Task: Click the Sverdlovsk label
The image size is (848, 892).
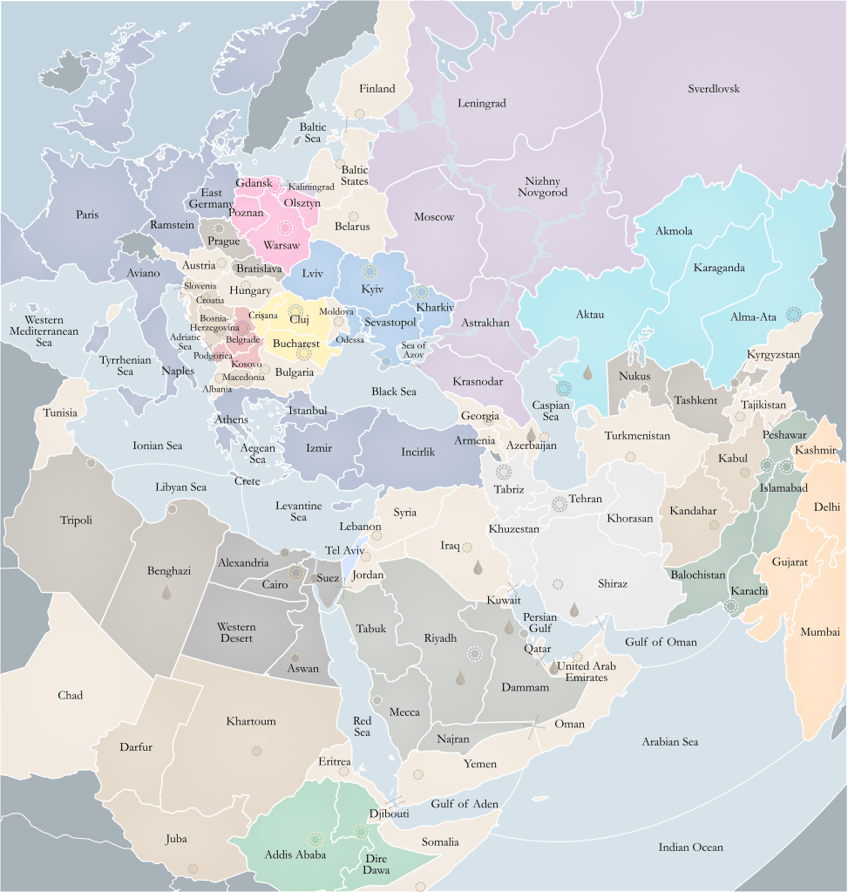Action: [713, 89]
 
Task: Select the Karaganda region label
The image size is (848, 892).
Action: [719, 268]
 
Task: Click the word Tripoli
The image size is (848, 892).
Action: [76, 521]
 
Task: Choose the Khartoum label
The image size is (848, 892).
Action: [251, 721]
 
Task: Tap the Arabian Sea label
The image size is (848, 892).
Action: [670, 742]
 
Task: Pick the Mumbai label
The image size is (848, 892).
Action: [820, 631]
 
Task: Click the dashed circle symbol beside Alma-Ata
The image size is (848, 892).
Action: [793, 314]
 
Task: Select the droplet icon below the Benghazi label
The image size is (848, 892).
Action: [166, 593]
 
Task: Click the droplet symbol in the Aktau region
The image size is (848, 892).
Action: [588, 372]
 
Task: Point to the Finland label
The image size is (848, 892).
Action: [377, 88]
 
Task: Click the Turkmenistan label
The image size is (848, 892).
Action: [637, 435]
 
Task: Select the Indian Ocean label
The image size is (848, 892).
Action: [690, 847]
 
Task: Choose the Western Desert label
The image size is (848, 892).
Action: [236, 632]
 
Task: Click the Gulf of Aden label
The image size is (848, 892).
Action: [464, 803]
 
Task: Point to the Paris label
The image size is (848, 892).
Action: [86, 214]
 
